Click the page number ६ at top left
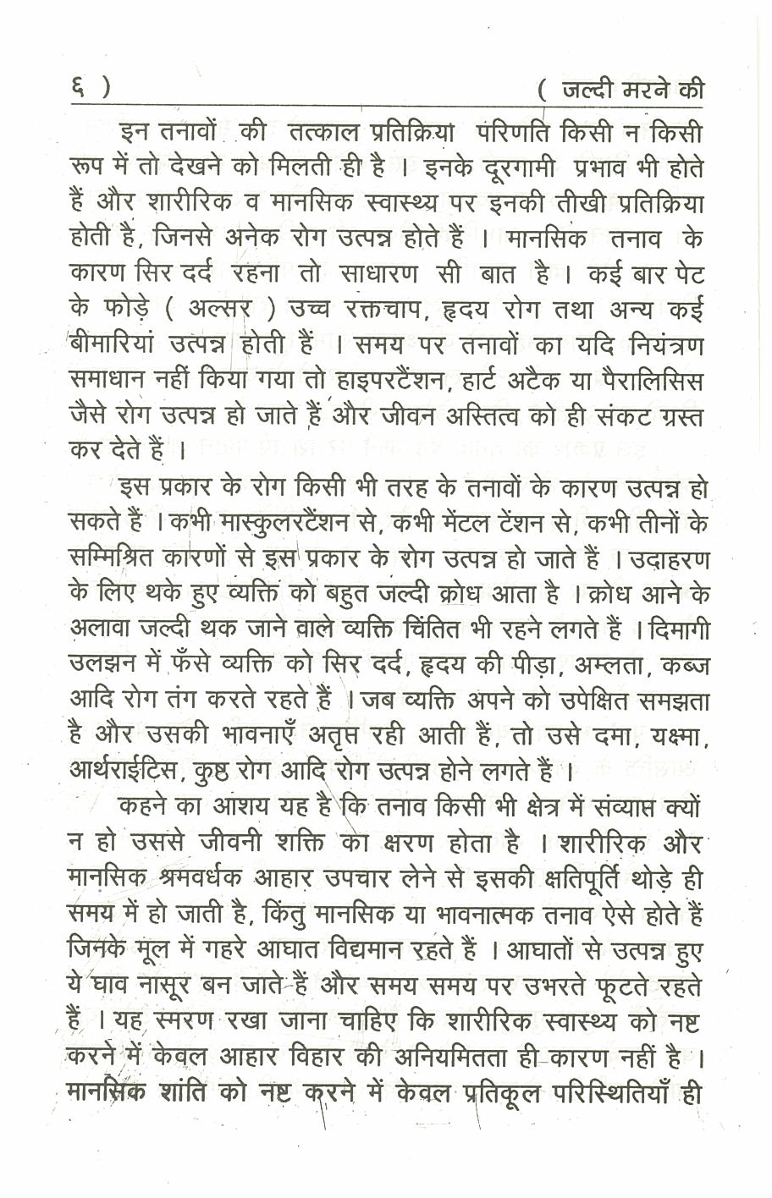(x=77, y=88)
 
